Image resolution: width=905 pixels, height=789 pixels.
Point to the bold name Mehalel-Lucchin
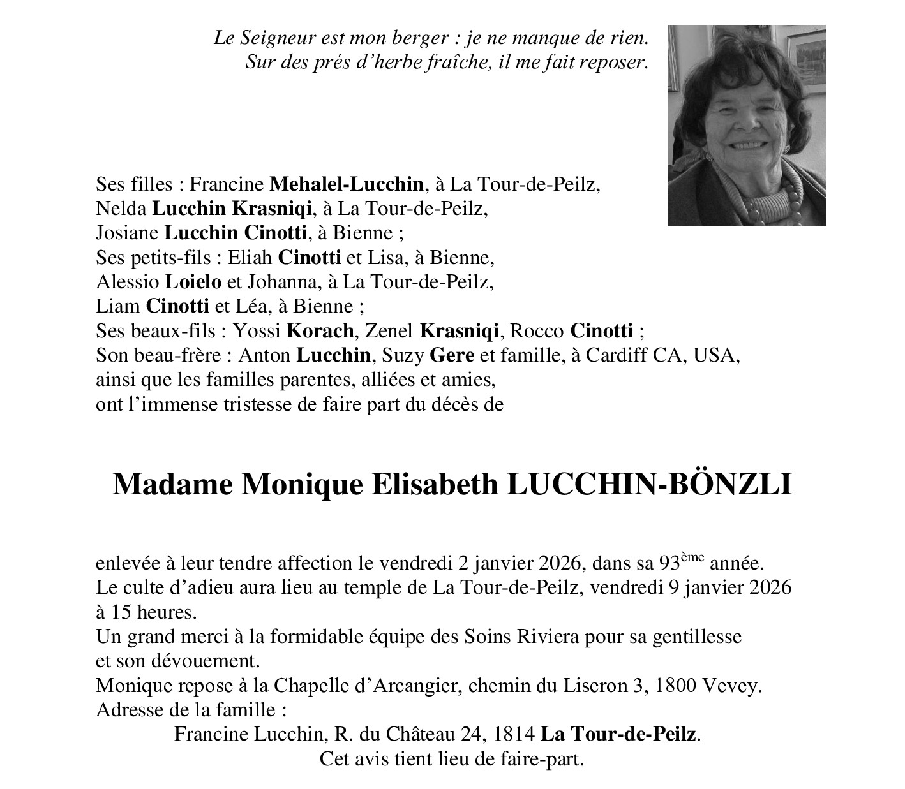pyautogui.click(x=347, y=185)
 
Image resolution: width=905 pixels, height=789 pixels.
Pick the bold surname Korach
pyautogui.click(x=320, y=332)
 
